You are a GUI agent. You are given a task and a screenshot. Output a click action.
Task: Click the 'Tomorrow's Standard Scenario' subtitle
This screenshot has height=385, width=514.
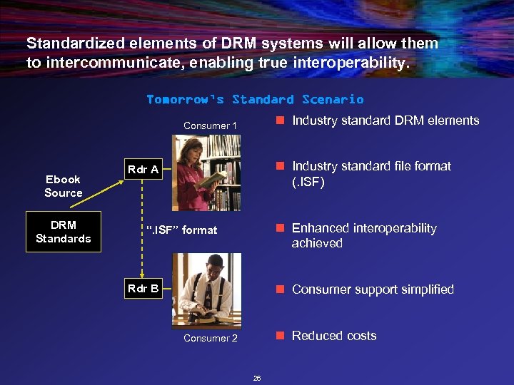click(255, 99)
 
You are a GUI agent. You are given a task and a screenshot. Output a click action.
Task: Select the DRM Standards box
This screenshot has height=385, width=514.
click(64, 232)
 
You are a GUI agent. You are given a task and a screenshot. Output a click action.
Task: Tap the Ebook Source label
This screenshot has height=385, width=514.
click(64, 186)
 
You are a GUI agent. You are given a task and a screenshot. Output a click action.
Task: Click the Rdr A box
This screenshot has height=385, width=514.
click(143, 170)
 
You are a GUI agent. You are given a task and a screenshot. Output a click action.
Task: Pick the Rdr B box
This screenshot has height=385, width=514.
click(143, 289)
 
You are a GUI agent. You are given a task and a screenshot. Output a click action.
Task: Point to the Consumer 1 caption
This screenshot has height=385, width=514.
click(210, 125)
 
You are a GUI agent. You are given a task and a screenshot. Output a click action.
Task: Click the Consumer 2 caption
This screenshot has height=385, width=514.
click(210, 338)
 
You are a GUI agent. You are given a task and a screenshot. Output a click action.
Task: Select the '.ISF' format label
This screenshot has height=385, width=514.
click(181, 230)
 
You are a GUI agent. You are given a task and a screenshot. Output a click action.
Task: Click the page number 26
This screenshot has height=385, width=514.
click(257, 378)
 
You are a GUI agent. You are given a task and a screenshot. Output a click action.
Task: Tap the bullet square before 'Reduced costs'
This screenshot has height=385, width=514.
click(281, 336)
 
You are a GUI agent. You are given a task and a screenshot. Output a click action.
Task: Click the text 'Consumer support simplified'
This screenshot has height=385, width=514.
click(373, 289)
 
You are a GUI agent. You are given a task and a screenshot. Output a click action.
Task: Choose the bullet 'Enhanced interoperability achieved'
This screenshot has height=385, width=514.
click(363, 235)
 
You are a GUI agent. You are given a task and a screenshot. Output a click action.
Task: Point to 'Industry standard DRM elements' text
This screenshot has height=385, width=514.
click(385, 120)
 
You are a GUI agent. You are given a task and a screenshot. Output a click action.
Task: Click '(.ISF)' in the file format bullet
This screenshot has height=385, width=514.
click(308, 182)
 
